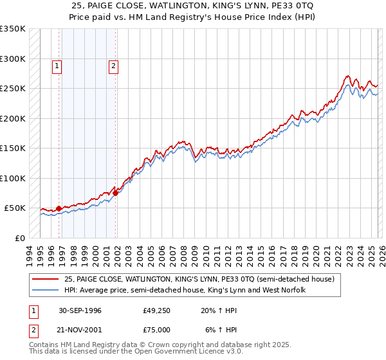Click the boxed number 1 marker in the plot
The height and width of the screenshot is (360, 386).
click(x=57, y=65)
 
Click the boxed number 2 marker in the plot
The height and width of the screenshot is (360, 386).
click(x=113, y=65)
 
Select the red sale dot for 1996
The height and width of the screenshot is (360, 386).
click(x=59, y=208)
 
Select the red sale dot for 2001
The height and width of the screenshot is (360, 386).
click(x=116, y=192)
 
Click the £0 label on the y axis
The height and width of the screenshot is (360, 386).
click(x=19, y=238)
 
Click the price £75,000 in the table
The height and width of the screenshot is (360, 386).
click(x=156, y=329)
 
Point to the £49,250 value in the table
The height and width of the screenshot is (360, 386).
click(x=156, y=310)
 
